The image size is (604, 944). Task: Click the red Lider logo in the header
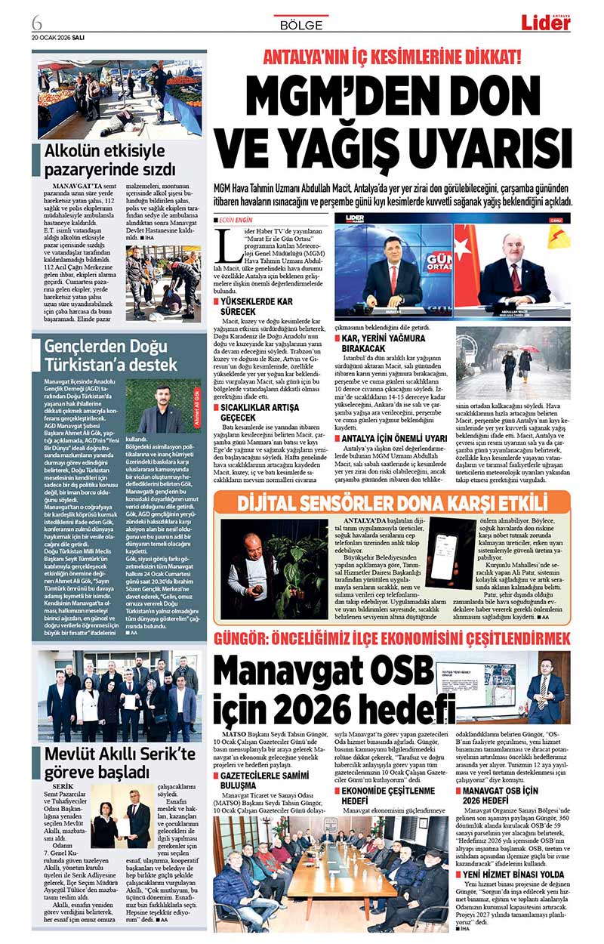pyautogui.click(x=545, y=23)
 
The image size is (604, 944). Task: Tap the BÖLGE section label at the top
pyautogui.click(x=300, y=24)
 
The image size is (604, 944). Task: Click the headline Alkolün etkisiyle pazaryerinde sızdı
pyautogui.click(x=109, y=159)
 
